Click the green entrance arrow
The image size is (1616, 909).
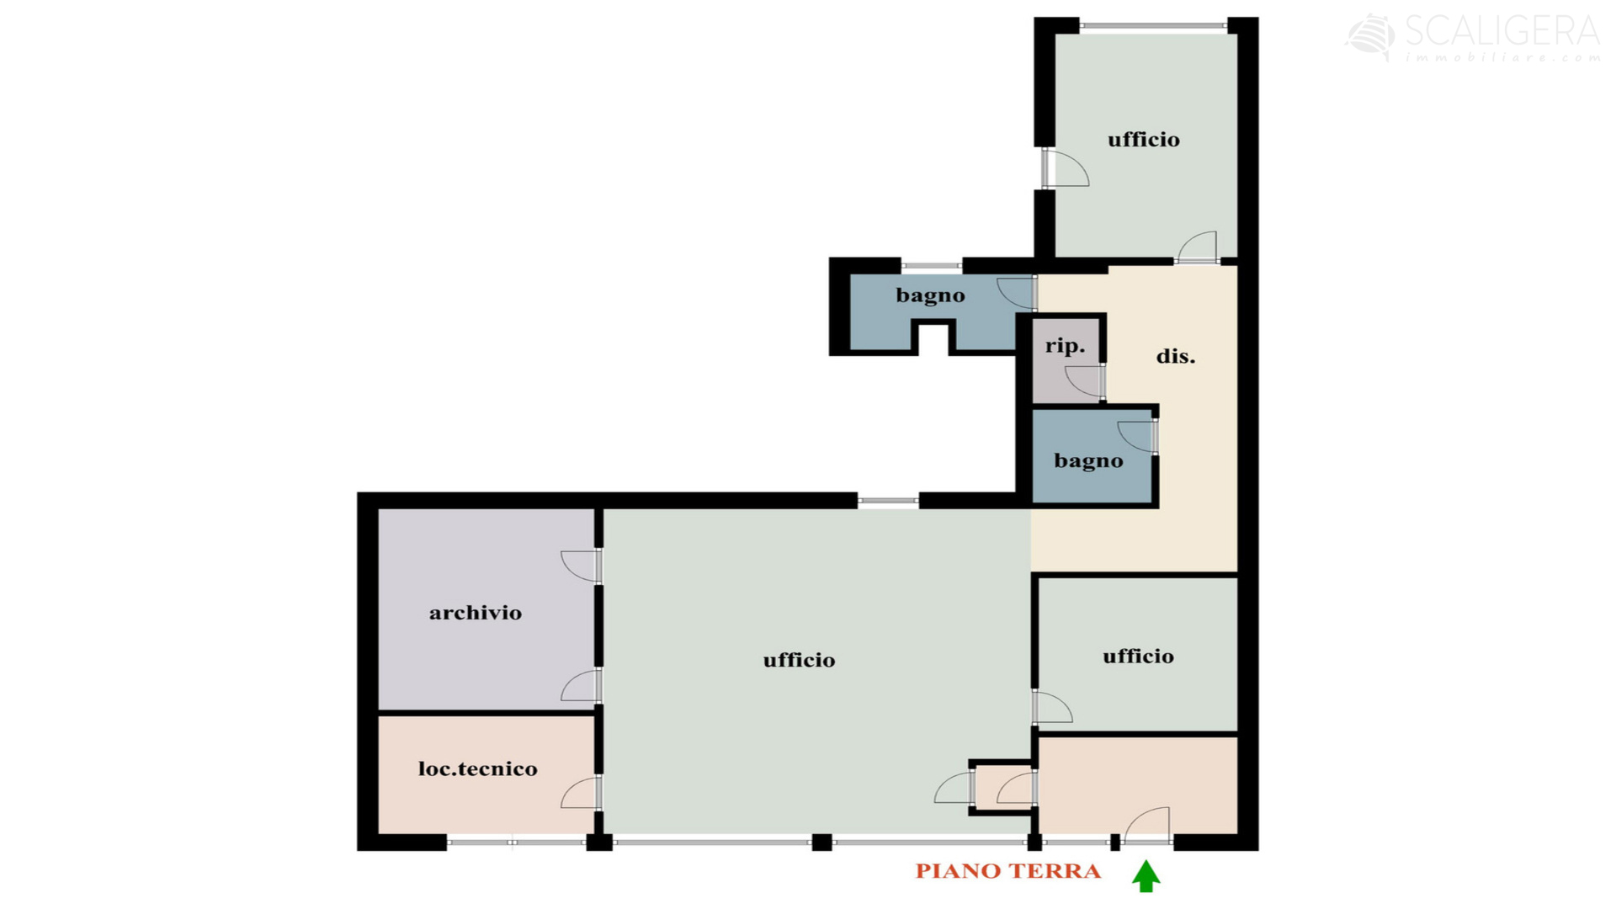(1146, 875)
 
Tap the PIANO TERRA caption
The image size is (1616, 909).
(1008, 871)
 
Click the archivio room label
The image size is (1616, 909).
(476, 613)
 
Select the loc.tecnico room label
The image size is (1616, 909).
(478, 768)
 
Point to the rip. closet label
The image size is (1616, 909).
(1066, 346)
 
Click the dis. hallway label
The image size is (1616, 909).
(1176, 356)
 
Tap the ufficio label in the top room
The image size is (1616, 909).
(1144, 140)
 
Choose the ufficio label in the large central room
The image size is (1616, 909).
(800, 660)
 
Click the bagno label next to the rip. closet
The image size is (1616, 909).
(1089, 461)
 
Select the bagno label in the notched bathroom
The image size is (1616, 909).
(931, 295)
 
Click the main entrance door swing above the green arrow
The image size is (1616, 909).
(1146, 824)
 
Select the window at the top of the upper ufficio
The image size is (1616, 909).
(1153, 26)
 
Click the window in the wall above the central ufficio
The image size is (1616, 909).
(888, 501)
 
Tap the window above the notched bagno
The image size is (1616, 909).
(932, 266)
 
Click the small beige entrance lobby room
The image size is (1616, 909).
(1138, 785)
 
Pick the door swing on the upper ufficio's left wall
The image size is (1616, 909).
(1066, 168)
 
